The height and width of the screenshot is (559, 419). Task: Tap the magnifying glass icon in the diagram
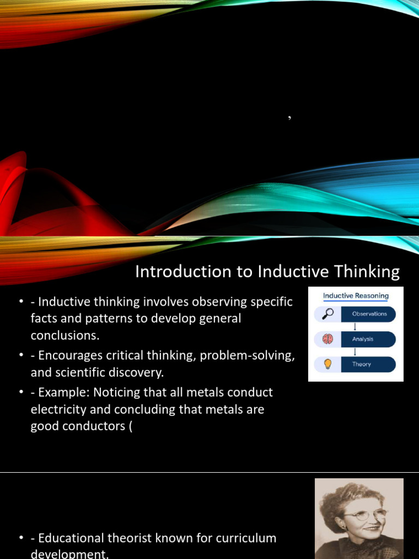[x=327, y=314]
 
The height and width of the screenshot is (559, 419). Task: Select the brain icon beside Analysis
[x=327, y=339]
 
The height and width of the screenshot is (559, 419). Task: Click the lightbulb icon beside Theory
[x=327, y=364]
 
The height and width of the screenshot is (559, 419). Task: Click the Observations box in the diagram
[x=369, y=314]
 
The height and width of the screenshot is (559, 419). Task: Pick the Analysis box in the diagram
[x=369, y=339]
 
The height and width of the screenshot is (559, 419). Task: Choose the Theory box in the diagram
[x=369, y=364]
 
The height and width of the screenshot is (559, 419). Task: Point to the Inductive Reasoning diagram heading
[x=356, y=296]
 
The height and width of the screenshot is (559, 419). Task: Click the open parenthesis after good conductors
[x=130, y=427]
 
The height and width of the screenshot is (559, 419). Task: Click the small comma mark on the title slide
[x=289, y=116]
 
